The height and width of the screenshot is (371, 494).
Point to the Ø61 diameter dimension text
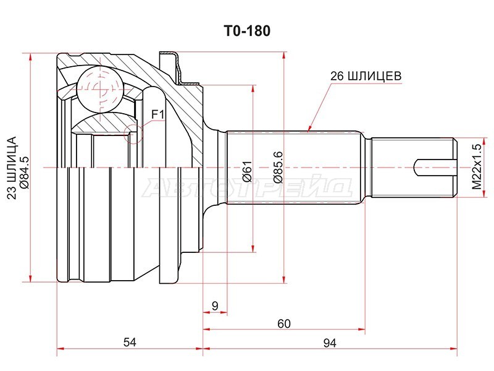coord(246,169)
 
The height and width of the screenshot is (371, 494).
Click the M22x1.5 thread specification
coord(475,166)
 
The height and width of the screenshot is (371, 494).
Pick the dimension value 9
coord(214,305)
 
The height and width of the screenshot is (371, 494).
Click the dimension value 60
coord(283,323)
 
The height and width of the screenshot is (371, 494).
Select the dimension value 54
coord(130,342)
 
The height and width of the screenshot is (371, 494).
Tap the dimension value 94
coord(330,342)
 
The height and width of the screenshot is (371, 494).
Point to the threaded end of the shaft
coord(411,168)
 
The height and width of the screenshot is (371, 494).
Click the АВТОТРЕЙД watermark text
coord(247,185)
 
